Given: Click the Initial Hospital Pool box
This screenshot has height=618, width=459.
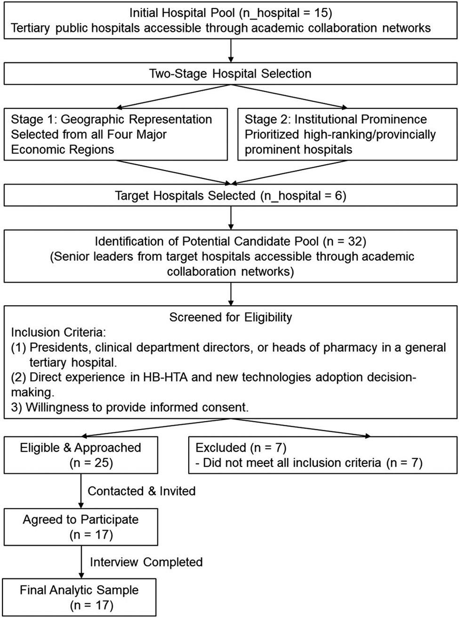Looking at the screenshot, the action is tap(230, 20).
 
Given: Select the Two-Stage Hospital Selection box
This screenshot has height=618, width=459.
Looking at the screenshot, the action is tap(230, 73).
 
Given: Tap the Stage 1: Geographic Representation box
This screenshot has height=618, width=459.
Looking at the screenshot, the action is tap(116, 134).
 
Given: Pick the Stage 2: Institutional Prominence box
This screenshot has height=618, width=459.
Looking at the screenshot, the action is tap(347, 134).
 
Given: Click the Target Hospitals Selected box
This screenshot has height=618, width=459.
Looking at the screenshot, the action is tap(230, 195).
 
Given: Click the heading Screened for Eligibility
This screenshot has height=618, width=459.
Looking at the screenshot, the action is tap(231, 317).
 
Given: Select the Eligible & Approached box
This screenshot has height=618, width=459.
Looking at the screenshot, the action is tap(81, 455).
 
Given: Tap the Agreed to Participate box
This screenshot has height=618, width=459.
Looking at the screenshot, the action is tap(81, 527).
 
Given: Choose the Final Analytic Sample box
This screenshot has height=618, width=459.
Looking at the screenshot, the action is tap(80, 597).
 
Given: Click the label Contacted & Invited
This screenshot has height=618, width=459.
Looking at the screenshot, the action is tap(142, 491).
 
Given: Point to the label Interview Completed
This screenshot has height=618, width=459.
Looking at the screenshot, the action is tap(146, 562).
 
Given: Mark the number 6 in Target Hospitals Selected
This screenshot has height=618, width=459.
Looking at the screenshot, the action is tap(338, 195).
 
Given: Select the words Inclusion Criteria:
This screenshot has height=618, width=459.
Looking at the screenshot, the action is tap(58, 332).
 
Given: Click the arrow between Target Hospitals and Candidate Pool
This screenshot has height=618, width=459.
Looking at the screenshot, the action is tap(231, 218).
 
